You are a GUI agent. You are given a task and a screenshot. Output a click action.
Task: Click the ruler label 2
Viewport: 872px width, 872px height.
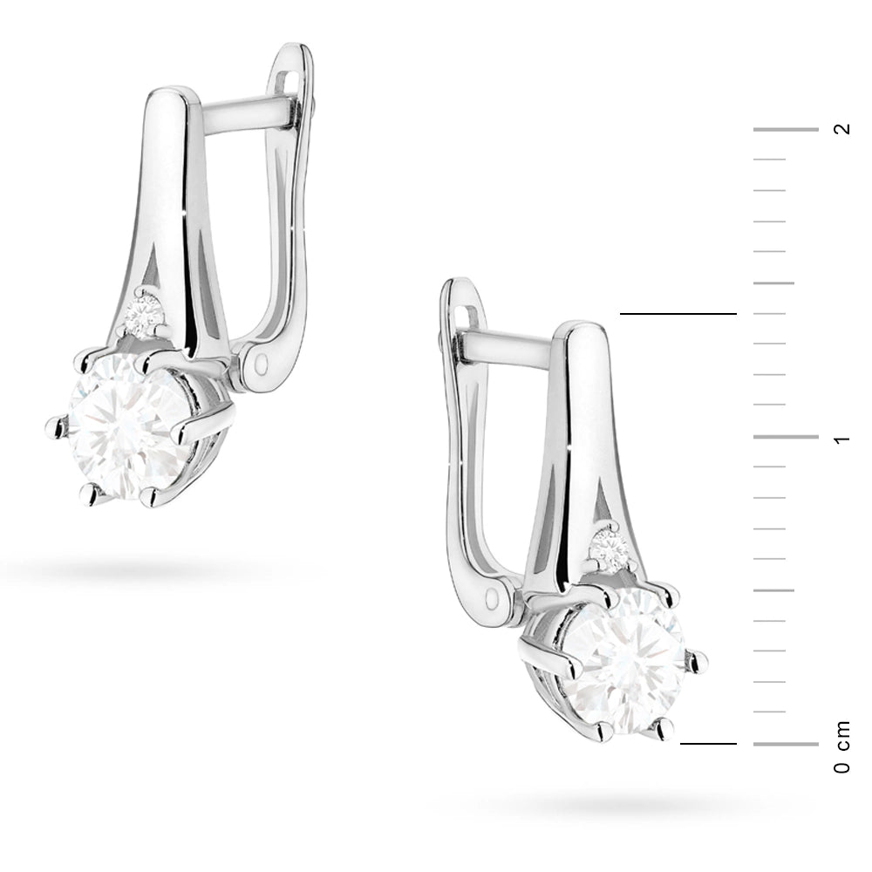[x=841, y=129]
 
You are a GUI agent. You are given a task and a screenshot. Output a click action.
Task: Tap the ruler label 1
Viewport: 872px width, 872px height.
[x=841, y=438]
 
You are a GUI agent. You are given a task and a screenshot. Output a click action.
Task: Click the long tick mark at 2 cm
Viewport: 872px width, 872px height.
[x=785, y=130]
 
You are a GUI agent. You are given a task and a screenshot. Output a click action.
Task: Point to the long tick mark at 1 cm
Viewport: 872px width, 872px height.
[x=785, y=437]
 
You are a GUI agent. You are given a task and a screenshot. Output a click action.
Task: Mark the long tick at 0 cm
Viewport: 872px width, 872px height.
[x=785, y=744]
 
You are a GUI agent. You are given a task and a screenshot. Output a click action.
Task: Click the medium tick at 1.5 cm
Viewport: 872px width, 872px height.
[x=773, y=283]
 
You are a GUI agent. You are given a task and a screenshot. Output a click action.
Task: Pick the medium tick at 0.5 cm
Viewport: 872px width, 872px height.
[x=773, y=590]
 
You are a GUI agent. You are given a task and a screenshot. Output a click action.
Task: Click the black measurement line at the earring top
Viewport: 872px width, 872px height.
[x=678, y=313]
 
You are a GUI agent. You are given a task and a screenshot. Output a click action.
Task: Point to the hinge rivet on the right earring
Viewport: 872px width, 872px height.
[x=498, y=599]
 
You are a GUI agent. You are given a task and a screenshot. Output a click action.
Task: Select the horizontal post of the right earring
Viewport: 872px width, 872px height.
[x=510, y=347]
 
